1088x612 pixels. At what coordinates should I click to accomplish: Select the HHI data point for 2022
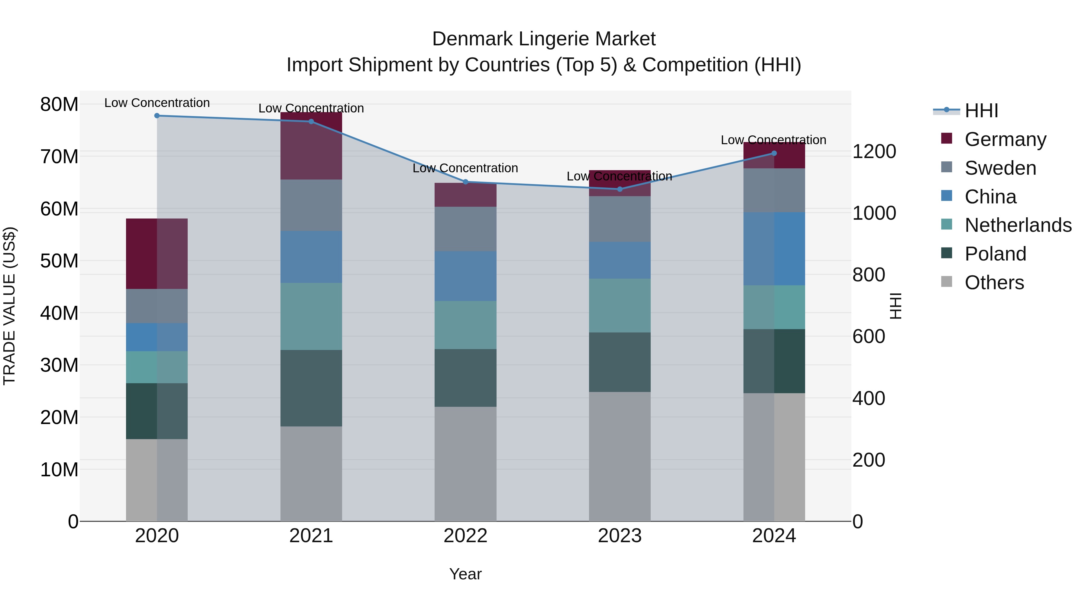click(x=465, y=182)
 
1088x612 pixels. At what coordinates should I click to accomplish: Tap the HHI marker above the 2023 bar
click(x=620, y=189)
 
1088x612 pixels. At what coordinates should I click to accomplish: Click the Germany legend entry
click(x=1005, y=139)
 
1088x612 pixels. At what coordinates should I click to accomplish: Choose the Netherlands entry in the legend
click(x=1018, y=225)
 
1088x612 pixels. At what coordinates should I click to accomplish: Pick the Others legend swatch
click(x=947, y=282)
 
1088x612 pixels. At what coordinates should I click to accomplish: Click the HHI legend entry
click(x=981, y=111)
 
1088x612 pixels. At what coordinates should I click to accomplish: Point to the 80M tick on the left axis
click(x=59, y=104)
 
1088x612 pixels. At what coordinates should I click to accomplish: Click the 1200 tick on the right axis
click(x=874, y=152)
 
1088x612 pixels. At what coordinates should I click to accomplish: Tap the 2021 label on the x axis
click(x=311, y=536)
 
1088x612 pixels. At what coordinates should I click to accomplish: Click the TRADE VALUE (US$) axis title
click(x=9, y=306)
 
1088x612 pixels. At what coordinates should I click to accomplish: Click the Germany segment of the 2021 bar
click(x=311, y=146)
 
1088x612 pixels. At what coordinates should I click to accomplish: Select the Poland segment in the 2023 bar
click(x=620, y=362)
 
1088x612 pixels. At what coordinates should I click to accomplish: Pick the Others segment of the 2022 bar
click(x=465, y=464)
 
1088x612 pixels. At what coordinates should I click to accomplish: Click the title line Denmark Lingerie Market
click(x=544, y=39)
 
